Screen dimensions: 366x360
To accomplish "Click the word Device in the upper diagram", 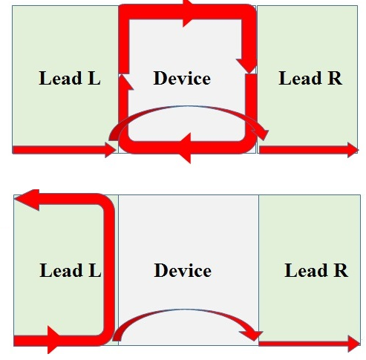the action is [x=182, y=78].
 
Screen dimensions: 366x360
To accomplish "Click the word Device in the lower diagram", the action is [x=183, y=270].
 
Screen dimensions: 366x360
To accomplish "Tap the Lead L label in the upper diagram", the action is [x=70, y=78].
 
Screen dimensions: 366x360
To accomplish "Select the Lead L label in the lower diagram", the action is [x=71, y=270].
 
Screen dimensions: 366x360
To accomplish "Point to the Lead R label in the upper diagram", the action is [x=310, y=78].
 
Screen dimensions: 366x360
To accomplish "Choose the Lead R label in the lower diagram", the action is [x=316, y=270].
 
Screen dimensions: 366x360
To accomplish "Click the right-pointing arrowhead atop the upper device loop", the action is [x=189, y=13].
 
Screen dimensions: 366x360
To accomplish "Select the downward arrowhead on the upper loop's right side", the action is [x=247, y=66].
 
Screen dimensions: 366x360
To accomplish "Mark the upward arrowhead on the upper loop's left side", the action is [x=125, y=82].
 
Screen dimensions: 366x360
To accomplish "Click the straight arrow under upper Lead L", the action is [x=65, y=150].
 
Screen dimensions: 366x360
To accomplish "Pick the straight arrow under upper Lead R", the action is [x=309, y=150].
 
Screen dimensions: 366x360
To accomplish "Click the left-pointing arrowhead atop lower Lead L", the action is [x=27, y=200].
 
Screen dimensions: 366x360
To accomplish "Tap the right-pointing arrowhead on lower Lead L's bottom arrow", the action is [x=54, y=340].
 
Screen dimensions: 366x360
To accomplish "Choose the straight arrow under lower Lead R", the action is [x=310, y=344].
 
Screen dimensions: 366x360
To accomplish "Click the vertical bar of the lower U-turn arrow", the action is [x=109, y=269].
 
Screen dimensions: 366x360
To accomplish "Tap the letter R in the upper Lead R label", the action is [x=336, y=78].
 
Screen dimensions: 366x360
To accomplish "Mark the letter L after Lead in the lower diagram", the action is [x=95, y=270].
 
